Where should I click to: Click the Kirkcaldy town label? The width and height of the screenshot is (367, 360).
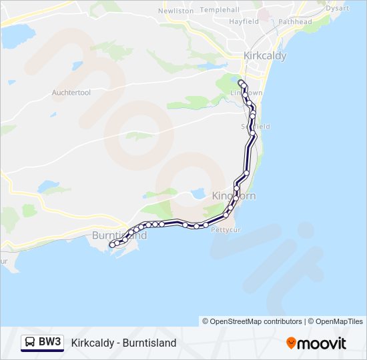click(265, 56)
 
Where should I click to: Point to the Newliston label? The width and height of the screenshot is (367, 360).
click(175, 11)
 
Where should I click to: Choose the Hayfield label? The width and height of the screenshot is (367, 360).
click(244, 22)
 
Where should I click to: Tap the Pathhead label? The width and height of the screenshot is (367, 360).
click(295, 22)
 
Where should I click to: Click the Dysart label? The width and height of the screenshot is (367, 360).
click(338, 8)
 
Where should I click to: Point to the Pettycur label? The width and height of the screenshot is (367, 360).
click(224, 230)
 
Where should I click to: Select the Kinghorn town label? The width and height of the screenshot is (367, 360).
click(234, 196)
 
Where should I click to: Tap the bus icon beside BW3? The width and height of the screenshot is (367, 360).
click(30, 342)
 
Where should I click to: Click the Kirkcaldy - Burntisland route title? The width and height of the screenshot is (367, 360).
click(123, 343)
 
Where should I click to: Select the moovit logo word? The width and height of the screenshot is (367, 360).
click(322, 343)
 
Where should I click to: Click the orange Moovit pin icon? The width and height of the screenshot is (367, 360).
click(291, 343)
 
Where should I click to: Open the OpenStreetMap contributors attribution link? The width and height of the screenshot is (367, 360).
click(253, 321)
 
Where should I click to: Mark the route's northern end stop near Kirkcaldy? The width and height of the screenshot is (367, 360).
click(240, 83)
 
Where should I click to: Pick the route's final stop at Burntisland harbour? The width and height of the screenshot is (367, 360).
click(111, 246)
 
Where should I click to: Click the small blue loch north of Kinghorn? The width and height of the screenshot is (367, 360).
click(198, 194)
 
